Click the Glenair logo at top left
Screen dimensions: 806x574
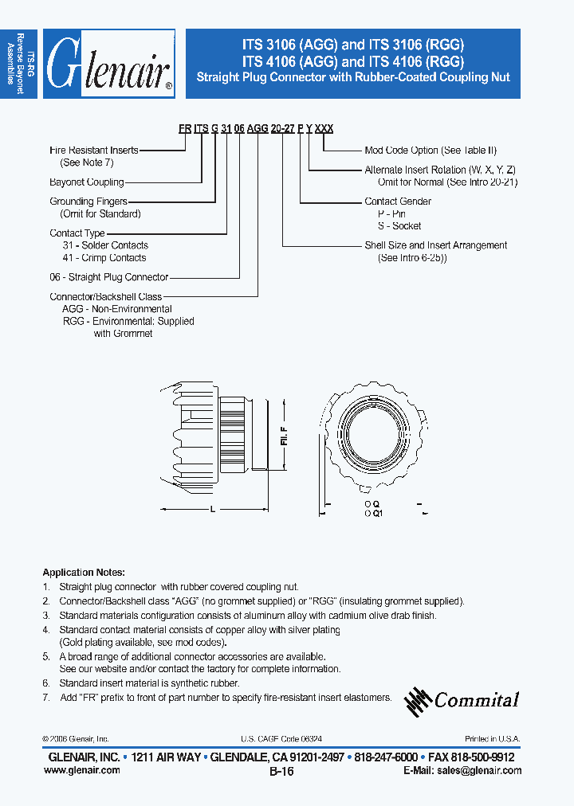[109, 65]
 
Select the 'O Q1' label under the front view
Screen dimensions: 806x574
[374, 515]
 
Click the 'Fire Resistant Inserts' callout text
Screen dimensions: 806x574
[94, 150]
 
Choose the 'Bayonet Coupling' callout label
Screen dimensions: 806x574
[87, 182]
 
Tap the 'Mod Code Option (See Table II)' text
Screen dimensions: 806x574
[431, 150]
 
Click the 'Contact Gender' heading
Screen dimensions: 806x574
[398, 201]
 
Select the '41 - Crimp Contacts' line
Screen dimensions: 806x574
[104, 258]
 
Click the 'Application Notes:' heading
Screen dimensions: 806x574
[84, 573]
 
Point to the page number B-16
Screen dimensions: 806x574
[282, 772]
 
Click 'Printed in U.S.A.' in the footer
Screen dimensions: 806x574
[493, 739]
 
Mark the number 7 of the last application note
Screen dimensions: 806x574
[47, 697]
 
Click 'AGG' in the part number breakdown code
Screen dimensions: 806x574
[258, 129]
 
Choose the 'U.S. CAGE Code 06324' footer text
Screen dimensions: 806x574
[281, 739]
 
